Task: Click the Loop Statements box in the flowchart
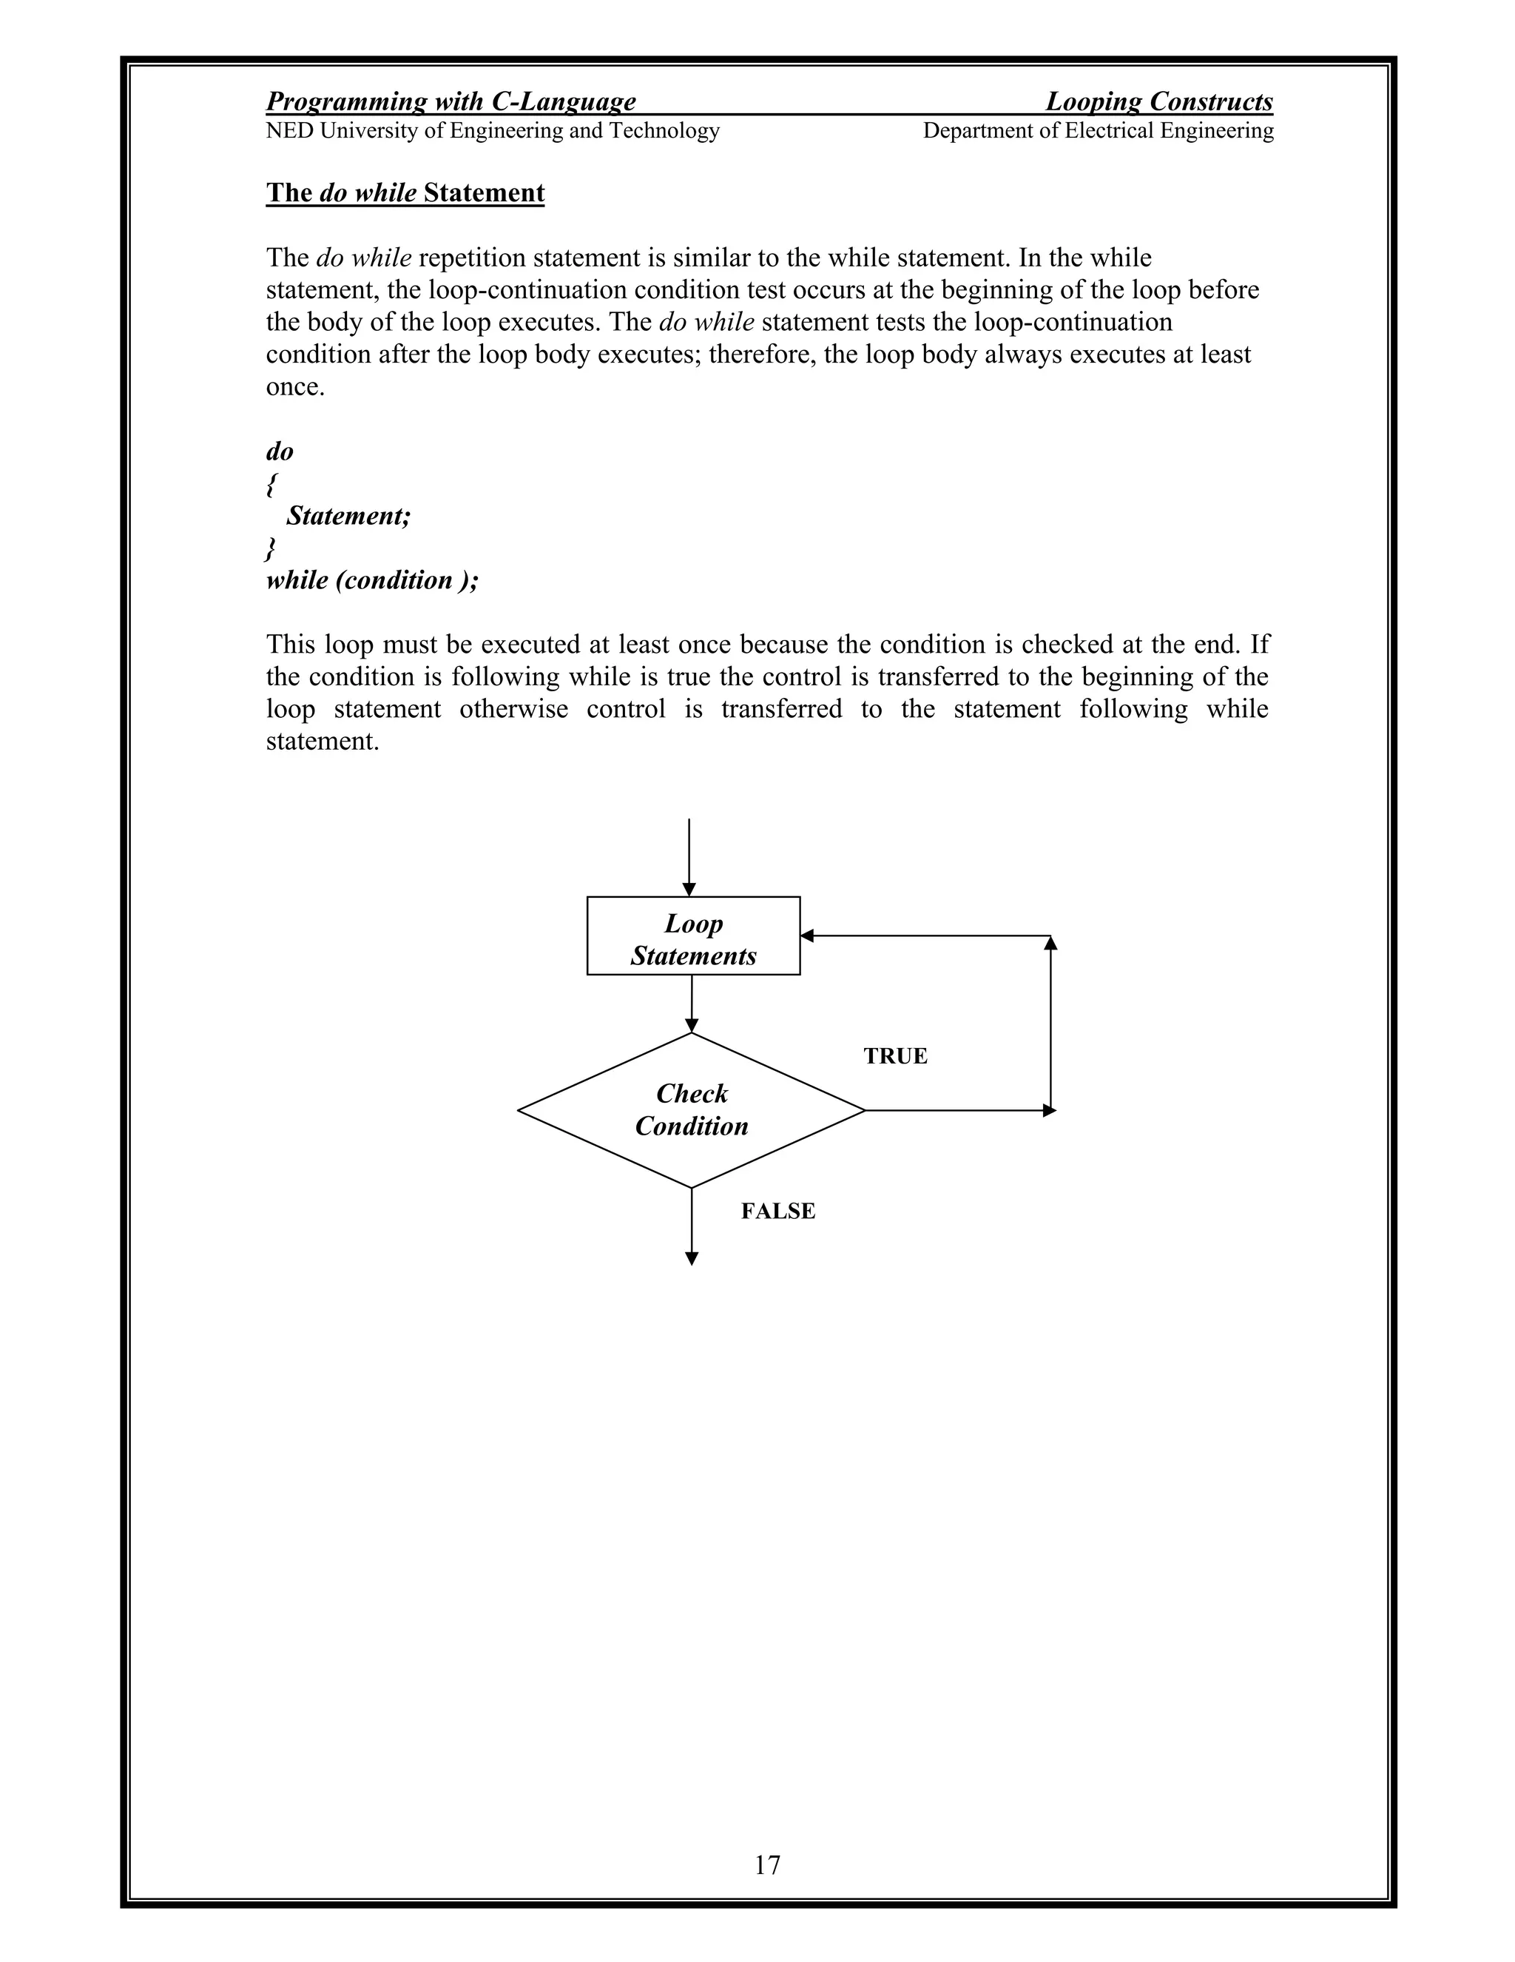point(693,936)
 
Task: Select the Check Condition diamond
point(692,1110)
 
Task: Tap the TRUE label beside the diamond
point(895,1055)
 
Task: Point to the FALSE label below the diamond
point(777,1211)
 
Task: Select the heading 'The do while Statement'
point(405,193)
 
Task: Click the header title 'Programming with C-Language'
point(451,101)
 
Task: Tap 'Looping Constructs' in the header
point(1159,101)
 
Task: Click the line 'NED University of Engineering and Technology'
point(493,131)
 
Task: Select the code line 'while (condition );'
point(373,580)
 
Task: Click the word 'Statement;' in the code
point(348,516)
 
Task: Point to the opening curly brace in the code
point(271,484)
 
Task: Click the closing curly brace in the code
point(271,548)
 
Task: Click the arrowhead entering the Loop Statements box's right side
point(806,935)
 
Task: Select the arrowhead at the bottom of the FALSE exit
point(692,1259)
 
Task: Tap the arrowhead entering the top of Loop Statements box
point(689,890)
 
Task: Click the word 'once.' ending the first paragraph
point(295,387)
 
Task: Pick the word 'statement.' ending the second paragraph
point(323,742)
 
